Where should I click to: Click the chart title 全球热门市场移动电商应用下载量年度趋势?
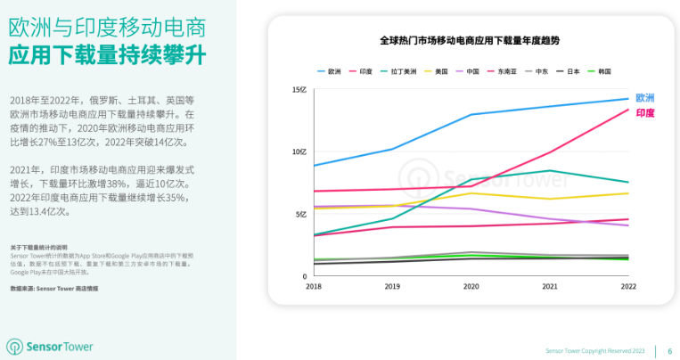pyautogui.click(x=470, y=41)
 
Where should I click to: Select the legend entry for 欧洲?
pyautogui.click(x=329, y=70)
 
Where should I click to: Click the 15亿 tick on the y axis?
pyautogui.click(x=299, y=90)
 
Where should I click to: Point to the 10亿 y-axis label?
pyautogui.click(x=299, y=152)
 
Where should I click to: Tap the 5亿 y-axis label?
pyautogui.click(x=301, y=214)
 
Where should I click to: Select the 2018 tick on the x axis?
pyautogui.click(x=314, y=286)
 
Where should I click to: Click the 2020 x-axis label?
pyautogui.click(x=471, y=286)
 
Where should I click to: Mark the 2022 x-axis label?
pyautogui.click(x=627, y=286)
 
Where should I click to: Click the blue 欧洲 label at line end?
pyautogui.click(x=645, y=97)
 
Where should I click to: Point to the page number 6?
pyautogui.click(x=669, y=351)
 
